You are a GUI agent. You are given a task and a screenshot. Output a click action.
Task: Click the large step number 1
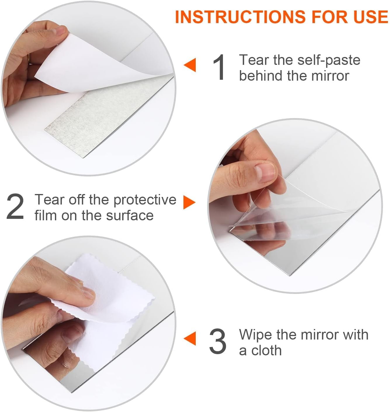coord(219,67)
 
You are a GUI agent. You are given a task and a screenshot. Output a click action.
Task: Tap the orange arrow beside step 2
coord(189,202)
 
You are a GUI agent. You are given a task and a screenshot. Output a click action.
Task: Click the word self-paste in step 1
coord(329,60)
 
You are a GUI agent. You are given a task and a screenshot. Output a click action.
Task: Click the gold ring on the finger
coord(29,58)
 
